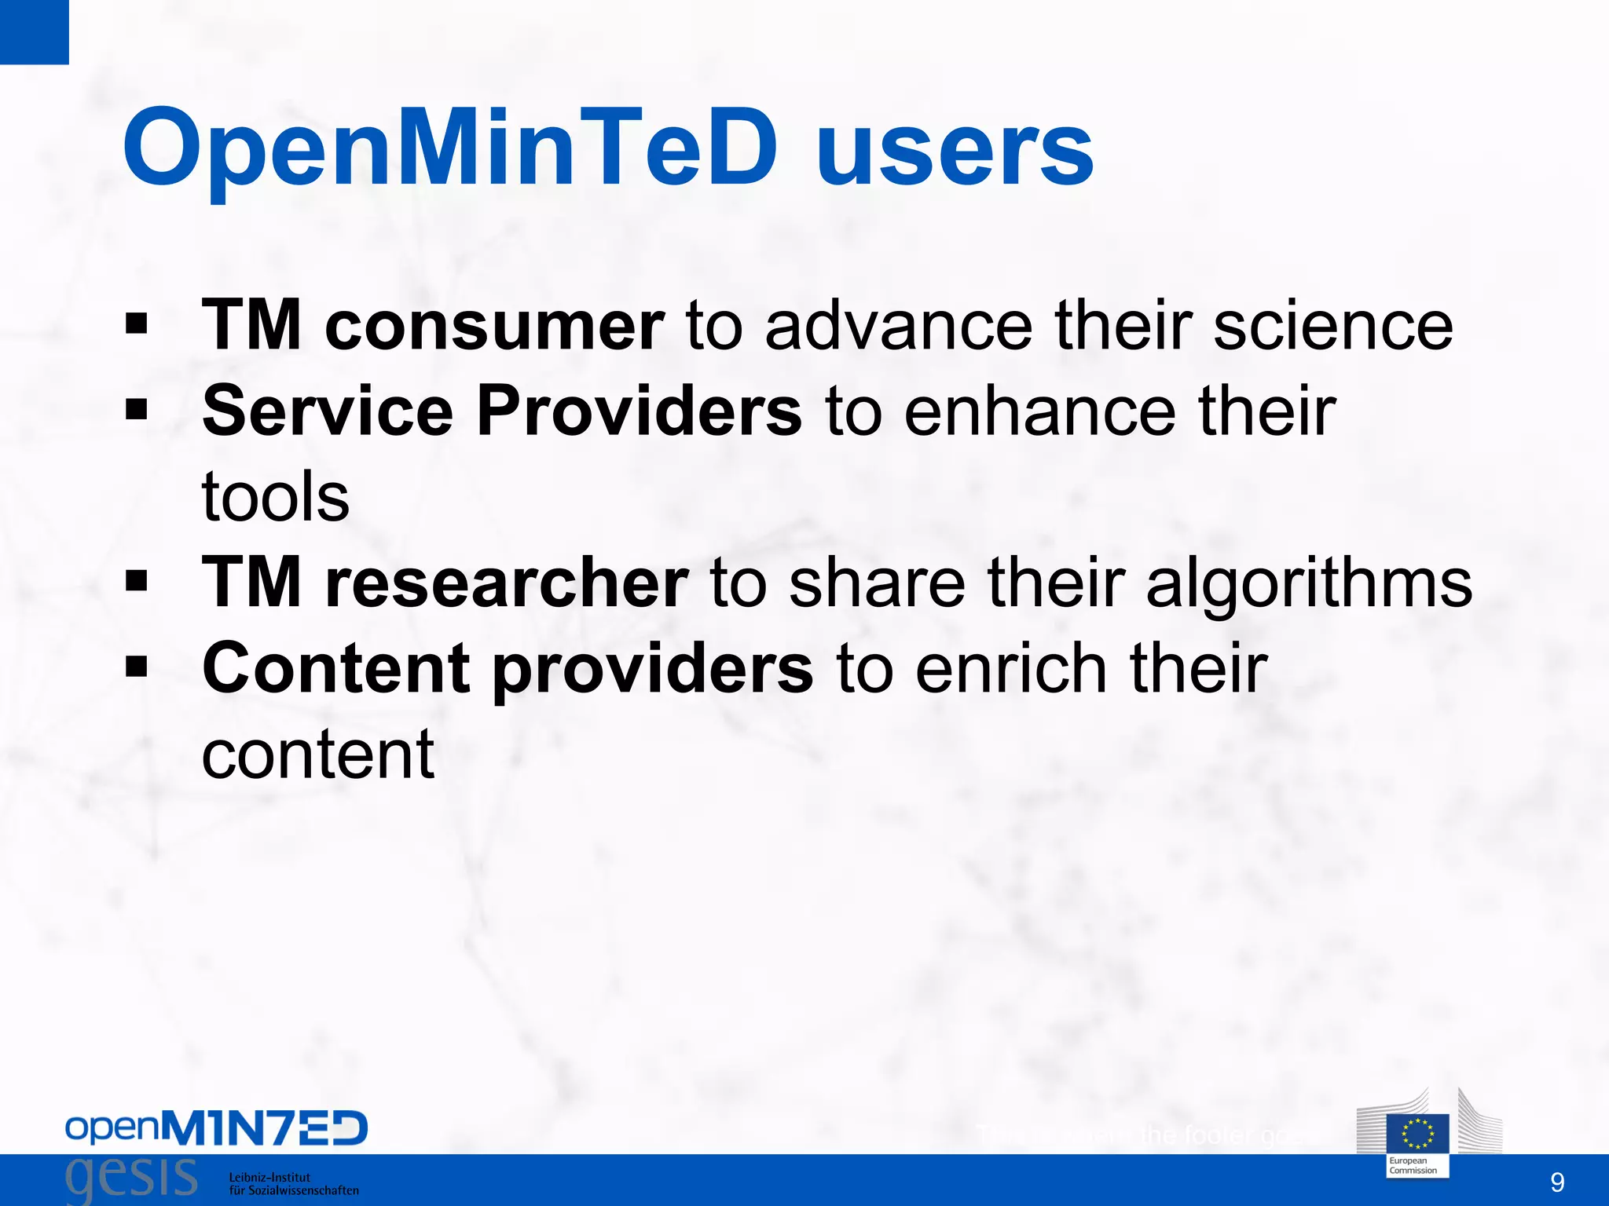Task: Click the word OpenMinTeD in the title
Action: coord(450,149)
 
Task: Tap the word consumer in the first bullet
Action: coord(494,326)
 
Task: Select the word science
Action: coord(1333,326)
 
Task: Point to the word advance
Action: coord(898,326)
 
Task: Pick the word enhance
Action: coord(1040,411)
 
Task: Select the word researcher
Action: coord(507,582)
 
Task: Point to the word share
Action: coord(877,582)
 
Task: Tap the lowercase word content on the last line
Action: coord(317,754)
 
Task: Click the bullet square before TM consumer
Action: coord(137,323)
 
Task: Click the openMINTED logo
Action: coord(216,1128)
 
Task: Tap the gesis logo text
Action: coord(131,1179)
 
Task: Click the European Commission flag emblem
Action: coord(1417,1134)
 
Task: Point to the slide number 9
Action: coord(1556,1182)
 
